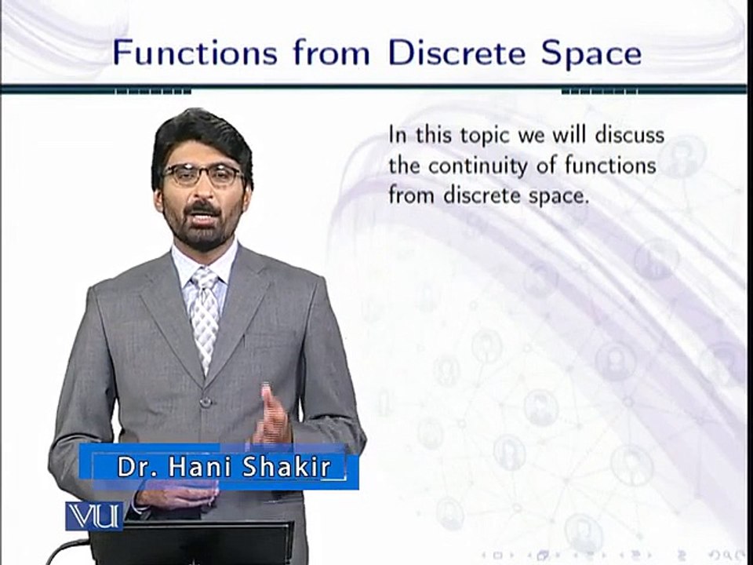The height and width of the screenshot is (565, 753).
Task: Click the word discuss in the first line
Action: point(628,135)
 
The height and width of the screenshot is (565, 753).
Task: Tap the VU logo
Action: point(93,516)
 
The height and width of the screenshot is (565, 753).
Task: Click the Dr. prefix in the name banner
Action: point(135,467)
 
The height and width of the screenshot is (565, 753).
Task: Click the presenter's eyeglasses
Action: point(202,174)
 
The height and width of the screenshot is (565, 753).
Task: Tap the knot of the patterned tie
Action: point(206,279)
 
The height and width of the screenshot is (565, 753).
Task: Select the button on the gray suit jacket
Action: point(206,401)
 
